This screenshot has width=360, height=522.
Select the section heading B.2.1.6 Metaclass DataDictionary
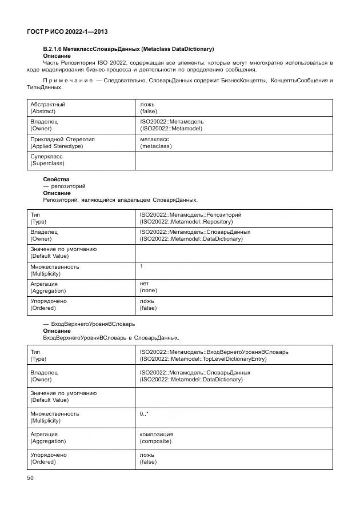point(129,49)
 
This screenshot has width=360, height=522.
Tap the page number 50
point(31,477)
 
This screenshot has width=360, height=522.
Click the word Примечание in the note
point(68,81)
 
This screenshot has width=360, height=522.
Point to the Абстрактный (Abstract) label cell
point(47,108)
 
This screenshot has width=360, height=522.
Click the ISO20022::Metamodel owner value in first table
point(171,125)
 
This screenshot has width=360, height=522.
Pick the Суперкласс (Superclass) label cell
point(47,160)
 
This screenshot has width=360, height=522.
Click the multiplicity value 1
point(142,266)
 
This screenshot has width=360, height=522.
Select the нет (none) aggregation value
point(148,287)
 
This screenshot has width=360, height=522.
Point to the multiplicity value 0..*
point(145,413)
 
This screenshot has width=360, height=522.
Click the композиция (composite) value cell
point(156,437)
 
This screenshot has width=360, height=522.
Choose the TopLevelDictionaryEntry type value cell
point(214,355)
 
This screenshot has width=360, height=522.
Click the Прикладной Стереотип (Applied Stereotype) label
point(62,142)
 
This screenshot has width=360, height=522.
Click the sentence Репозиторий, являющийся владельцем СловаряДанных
point(120,200)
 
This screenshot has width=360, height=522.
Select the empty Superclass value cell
point(234,160)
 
